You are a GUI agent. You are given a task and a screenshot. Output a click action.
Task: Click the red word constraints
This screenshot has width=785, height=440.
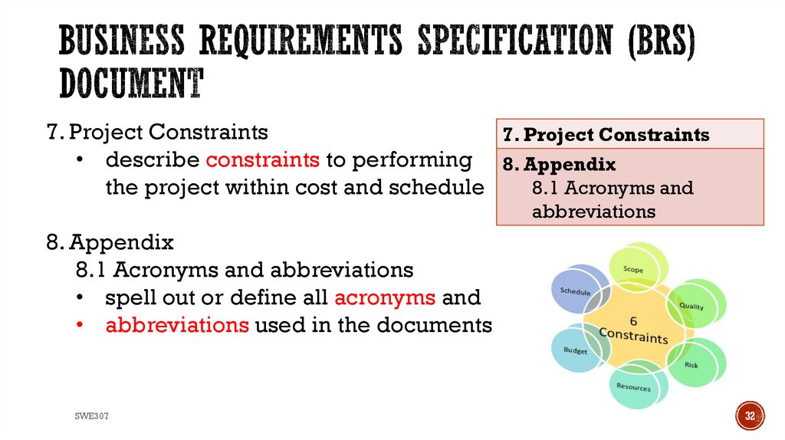pos(262,160)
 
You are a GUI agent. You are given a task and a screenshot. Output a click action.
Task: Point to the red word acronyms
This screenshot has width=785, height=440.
pos(385,297)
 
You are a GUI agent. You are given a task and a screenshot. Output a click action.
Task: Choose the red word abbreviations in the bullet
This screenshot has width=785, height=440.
pos(177,325)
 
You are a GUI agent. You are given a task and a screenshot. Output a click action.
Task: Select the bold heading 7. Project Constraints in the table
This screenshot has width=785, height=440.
pos(606,135)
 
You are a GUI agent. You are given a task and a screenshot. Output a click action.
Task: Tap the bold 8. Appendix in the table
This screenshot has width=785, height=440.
pos(560,164)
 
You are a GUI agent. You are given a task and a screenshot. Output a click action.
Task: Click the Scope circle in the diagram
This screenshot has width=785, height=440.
pos(634,269)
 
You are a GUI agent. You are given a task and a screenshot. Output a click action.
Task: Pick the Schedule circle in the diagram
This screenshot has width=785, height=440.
pos(576,291)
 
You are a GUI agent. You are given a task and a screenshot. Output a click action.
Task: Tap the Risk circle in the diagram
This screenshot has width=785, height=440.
pos(691,364)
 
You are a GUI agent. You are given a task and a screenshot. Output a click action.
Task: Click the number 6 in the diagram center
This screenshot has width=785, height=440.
pos(633,320)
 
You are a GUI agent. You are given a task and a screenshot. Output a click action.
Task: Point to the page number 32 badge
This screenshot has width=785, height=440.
pos(751,416)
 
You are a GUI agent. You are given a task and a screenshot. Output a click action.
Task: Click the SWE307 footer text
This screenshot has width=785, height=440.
pos(91,415)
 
